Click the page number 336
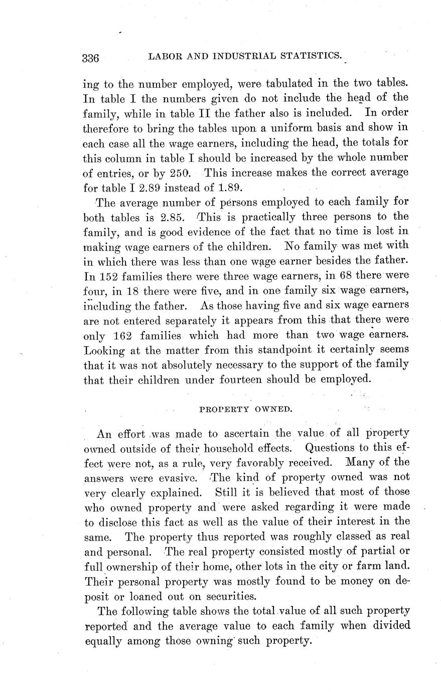point(91,58)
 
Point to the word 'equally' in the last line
point(103,640)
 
